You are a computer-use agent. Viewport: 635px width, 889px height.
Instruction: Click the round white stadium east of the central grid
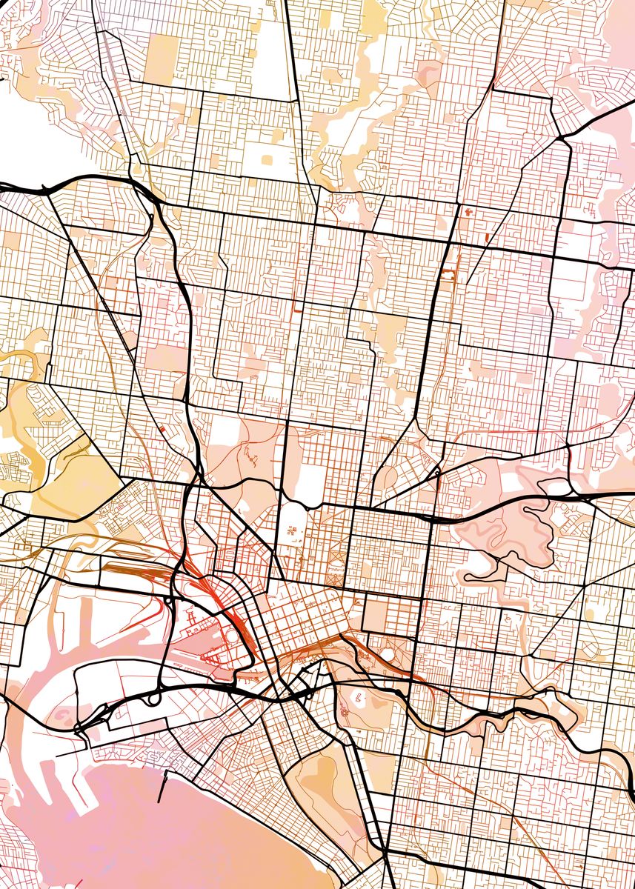[x=386, y=655]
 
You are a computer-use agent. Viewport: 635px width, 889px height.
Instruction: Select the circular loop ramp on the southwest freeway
[x=153, y=698]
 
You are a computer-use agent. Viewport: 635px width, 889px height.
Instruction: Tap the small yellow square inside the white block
[x=267, y=158]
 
